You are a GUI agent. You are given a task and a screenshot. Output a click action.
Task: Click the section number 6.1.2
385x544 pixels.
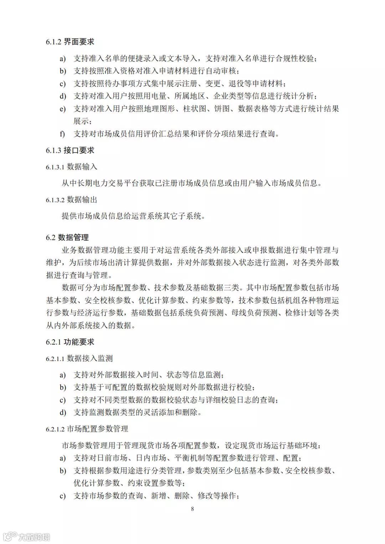[x=53, y=42]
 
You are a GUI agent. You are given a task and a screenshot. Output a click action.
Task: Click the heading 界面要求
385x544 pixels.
[x=79, y=42]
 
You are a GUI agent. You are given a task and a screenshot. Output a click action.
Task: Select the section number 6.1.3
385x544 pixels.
[x=53, y=151]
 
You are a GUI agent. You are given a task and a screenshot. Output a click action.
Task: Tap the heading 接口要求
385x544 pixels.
[x=79, y=150]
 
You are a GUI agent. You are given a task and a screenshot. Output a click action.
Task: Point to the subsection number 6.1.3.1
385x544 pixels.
[x=55, y=167]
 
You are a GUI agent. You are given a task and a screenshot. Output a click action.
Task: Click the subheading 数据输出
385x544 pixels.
[x=82, y=200]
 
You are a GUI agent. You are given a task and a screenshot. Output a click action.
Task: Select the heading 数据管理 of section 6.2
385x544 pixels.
[x=73, y=237]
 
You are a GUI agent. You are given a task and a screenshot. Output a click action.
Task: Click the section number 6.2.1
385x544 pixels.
[x=53, y=342]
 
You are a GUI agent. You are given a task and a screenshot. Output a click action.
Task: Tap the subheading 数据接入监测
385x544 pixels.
[x=90, y=358]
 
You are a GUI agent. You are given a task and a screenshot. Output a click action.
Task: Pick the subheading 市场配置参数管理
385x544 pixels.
[x=97, y=429]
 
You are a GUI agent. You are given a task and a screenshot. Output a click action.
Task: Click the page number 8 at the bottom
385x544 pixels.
[x=192, y=509]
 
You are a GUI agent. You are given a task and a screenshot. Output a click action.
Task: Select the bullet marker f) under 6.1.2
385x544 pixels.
[x=62, y=134]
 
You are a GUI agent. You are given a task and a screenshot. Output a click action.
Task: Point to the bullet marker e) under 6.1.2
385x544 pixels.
[x=62, y=109]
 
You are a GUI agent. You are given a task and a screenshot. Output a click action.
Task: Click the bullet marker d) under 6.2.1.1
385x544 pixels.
[x=63, y=413]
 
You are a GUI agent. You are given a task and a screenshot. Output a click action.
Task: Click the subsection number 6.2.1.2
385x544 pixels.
[x=55, y=429]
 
